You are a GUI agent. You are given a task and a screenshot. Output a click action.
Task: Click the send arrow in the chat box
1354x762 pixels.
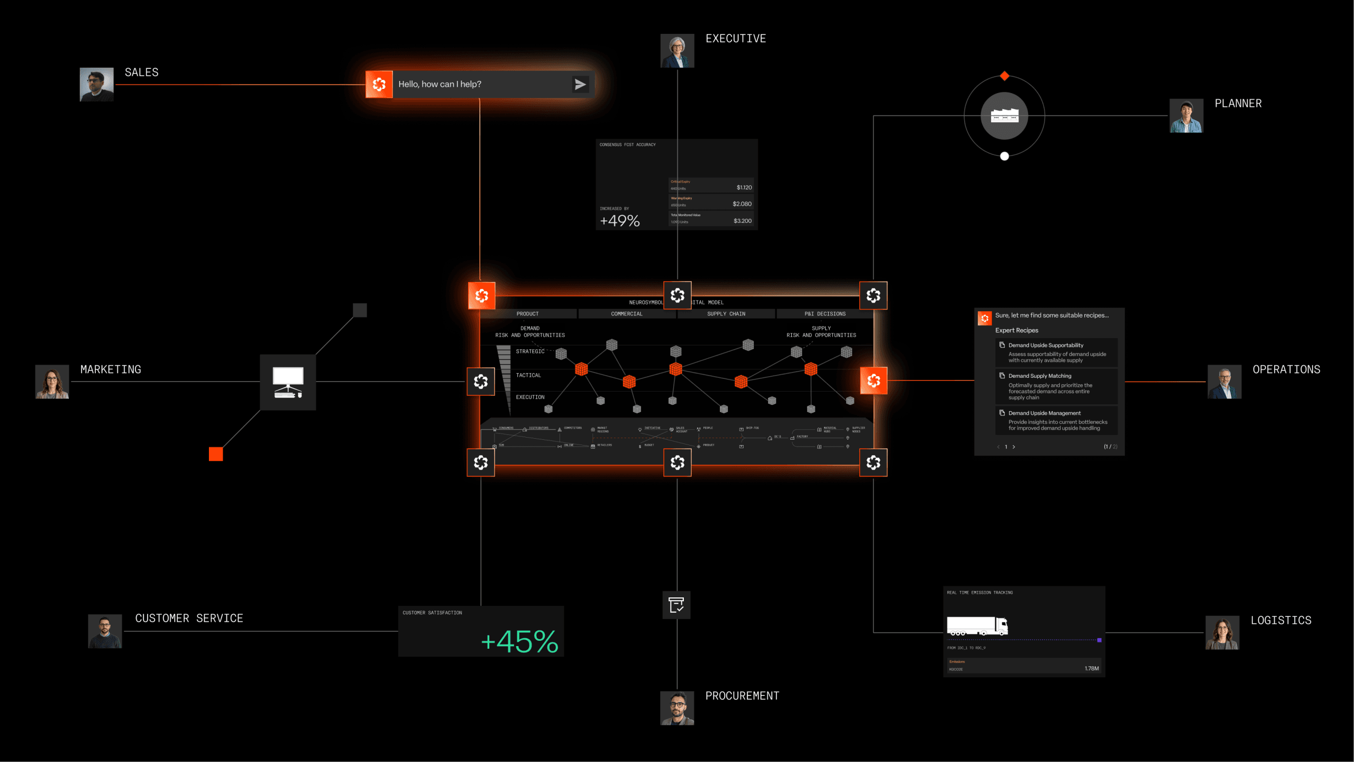coord(580,85)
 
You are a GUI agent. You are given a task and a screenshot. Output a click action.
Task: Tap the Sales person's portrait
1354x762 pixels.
coord(96,84)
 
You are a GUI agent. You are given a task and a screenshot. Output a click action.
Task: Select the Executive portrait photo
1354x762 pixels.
coord(677,51)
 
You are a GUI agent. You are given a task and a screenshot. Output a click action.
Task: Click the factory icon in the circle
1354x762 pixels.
coord(1004,115)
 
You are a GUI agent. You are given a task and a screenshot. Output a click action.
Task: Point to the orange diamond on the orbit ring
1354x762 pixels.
coord(1004,76)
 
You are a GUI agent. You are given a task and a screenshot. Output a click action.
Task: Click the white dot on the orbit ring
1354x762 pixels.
coord(1004,156)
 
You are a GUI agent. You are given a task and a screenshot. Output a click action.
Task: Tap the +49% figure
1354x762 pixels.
coord(620,221)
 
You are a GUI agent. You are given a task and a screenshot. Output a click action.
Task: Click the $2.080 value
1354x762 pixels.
coord(742,204)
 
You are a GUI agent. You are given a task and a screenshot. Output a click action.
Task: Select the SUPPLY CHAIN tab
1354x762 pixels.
coord(726,314)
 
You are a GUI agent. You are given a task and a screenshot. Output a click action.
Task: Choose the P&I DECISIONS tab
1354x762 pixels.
coord(825,314)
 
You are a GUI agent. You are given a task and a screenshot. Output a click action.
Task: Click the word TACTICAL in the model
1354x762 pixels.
coord(528,375)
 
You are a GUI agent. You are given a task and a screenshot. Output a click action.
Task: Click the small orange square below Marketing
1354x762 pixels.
coord(216,454)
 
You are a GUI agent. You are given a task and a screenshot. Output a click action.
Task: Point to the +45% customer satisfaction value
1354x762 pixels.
coord(519,641)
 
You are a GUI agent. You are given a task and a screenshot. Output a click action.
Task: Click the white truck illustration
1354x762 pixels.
coord(977,625)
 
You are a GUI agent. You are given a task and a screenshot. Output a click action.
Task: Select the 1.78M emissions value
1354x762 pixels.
coord(1091,668)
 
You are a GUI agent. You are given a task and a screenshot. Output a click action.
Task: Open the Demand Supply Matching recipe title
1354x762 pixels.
coord(1039,376)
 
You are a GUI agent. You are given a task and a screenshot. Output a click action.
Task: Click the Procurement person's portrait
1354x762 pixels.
coord(677,708)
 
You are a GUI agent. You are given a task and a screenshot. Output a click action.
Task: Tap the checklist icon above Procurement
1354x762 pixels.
coord(676,605)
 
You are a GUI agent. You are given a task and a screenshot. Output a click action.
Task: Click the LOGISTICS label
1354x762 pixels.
coord(1280,620)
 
